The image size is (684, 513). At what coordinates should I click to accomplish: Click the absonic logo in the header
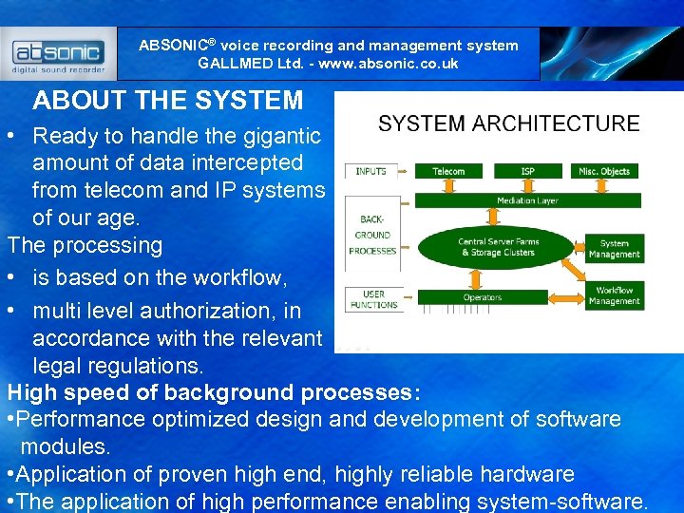59,54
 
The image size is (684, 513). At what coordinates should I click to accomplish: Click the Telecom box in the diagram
448,171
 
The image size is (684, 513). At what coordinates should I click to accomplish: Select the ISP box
527,171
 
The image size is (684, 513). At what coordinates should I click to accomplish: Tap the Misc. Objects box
604,171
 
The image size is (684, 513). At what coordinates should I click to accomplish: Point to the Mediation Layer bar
527,200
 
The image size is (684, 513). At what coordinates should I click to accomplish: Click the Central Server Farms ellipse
498,247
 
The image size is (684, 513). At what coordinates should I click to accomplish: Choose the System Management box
614,249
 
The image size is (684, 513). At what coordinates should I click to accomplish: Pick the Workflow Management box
614,295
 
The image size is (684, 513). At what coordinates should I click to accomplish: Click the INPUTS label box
370,171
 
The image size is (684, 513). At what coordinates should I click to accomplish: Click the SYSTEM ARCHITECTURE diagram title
508,123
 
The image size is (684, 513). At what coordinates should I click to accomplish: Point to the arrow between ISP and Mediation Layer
527,185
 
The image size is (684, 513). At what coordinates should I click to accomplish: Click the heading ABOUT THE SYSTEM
168,101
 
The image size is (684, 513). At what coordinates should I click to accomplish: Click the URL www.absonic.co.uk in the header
390,64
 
